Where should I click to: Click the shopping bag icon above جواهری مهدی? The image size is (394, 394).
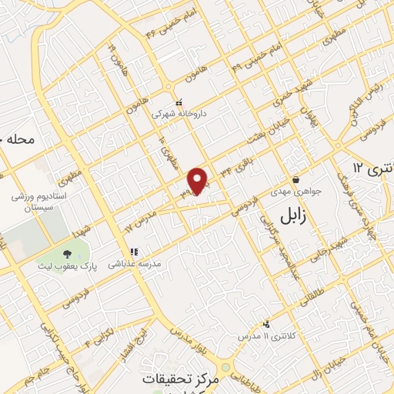tap(295, 179)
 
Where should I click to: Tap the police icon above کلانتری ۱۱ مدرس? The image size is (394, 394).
tap(265, 324)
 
